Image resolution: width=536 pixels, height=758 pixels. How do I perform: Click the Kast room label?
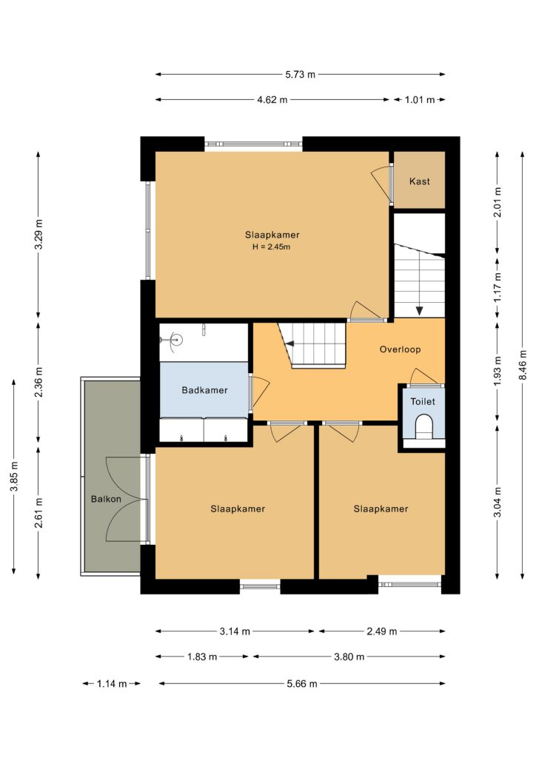pyautogui.click(x=419, y=181)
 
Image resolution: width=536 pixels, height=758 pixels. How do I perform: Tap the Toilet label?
pyautogui.click(x=423, y=401)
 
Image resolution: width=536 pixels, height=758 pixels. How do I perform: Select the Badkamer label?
pyautogui.click(x=204, y=390)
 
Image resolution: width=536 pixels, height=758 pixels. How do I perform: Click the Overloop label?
pyautogui.click(x=400, y=349)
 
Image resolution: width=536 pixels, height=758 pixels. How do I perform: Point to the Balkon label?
pyautogui.click(x=106, y=499)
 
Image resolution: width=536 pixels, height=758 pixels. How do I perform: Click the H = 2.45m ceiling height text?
pyautogui.click(x=271, y=247)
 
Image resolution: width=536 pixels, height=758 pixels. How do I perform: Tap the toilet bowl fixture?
pyautogui.click(x=424, y=426)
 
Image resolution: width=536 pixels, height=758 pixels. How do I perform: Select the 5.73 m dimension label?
pyautogui.click(x=300, y=75)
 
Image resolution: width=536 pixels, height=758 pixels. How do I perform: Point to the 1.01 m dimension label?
pyautogui.click(x=420, y=100)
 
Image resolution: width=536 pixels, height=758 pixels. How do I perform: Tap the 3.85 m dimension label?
pyautogui.click(x=14, y=476)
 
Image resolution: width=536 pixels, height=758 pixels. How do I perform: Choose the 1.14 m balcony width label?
pyautogui.click(x=112, y=683)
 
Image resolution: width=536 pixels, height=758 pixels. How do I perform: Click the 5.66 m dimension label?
pyautogui.click(x=302, y=683)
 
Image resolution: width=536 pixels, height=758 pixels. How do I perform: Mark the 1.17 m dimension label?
pyautogui.click(x=498, y=288)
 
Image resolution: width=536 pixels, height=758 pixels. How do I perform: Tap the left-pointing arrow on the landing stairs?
pyautogui.click(x=289, y=343)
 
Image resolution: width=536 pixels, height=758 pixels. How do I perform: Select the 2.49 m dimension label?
pyautogui.click(x=382, y=631)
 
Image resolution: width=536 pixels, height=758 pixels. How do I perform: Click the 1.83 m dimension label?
pyautogui.click(x=202, y=657)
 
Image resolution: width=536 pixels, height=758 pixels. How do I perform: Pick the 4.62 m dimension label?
pyautogui.click(x=272, y=100)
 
